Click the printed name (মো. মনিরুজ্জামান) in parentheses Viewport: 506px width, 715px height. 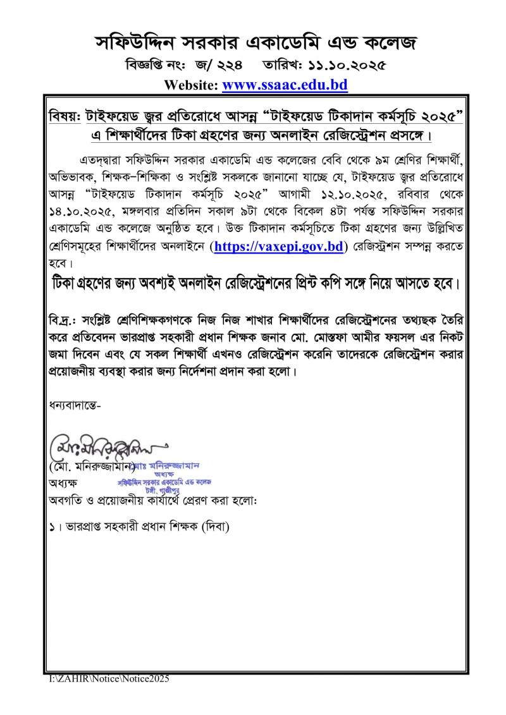(x=90, y=468)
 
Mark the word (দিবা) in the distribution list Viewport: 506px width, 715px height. (x=215, y=526)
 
